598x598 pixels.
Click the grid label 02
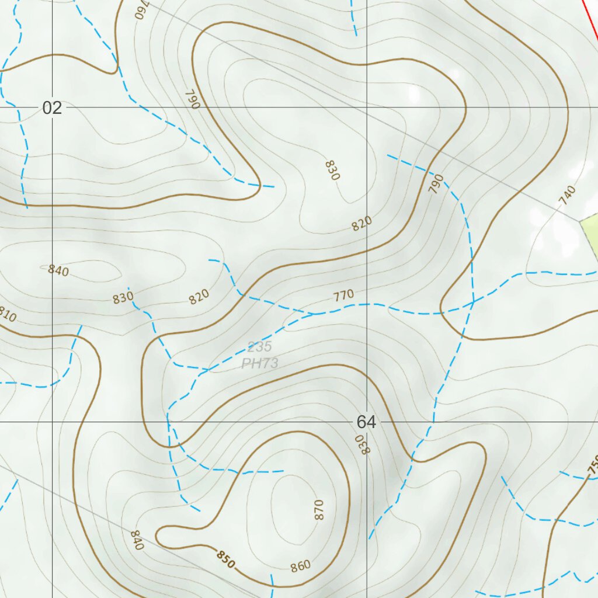pos(52,107)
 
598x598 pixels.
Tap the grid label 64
pos(366,422)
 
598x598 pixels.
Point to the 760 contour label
pos(142,9)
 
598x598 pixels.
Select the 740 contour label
pos(567,194)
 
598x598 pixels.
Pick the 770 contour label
pos(344,295)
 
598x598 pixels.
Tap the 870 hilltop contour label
pos(318,509)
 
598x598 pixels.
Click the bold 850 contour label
pos(226,559)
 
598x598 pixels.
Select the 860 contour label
pos(300,566)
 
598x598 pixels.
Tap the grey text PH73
pos(260,363)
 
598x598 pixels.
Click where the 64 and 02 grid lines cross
pos(367,107)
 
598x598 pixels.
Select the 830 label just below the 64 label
pos(363,444)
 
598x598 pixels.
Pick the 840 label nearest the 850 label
pos(137,540)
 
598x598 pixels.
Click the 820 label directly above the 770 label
pos(362,224)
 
